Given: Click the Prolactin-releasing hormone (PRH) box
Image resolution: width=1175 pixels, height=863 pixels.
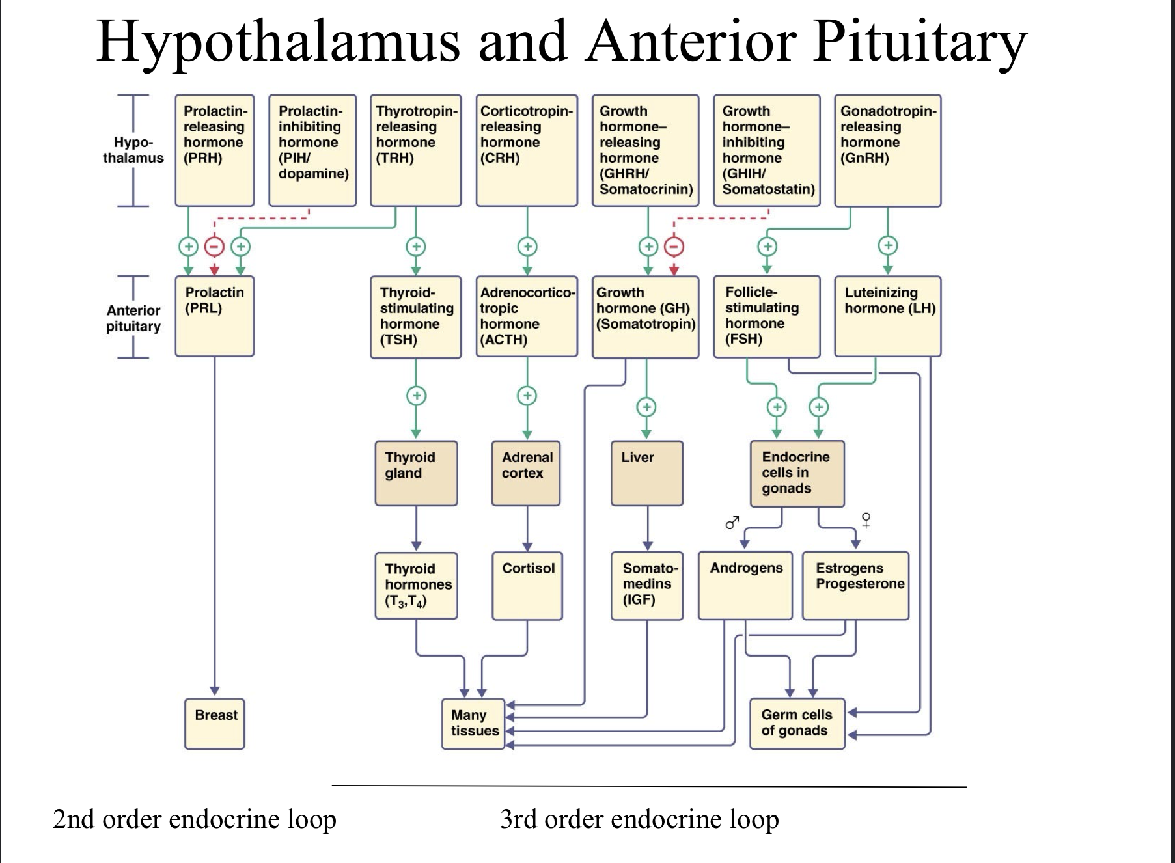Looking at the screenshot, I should point(214,150).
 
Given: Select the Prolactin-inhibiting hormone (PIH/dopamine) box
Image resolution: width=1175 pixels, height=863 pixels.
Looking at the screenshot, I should point(312,150).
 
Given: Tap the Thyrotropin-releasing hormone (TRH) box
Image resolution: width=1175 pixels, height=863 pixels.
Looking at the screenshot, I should point(415,150).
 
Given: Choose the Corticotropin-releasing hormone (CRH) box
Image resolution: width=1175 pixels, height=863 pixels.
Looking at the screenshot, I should point(527,150).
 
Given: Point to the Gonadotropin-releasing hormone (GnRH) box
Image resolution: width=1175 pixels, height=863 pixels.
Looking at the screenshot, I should point(887,150).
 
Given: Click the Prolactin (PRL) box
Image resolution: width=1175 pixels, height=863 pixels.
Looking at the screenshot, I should point(214,316).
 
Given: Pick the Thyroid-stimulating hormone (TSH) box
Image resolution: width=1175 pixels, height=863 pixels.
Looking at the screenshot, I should point(415,317).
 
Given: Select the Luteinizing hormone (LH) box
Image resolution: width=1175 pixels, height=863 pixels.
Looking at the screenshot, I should point(887,316).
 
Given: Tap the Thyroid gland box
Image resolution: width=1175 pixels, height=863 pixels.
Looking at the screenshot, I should point(416,473).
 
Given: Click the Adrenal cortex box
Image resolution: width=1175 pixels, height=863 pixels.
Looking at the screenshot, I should point(526,473).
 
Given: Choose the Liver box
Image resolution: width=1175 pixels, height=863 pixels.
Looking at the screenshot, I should point(647,473).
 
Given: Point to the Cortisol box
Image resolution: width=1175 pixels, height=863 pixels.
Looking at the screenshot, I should point(527,586).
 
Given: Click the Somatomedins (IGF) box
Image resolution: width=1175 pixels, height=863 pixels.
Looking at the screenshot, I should point(647,586).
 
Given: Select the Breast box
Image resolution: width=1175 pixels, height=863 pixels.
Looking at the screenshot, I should point(215,724).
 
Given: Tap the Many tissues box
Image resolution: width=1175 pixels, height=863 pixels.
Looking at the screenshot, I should point(473,724).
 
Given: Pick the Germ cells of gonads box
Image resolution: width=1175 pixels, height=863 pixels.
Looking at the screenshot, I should point(797,724).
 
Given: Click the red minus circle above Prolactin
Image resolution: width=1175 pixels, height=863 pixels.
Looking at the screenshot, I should point(214,247).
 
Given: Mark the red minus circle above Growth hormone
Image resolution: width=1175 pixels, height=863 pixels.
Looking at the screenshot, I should point(674,247).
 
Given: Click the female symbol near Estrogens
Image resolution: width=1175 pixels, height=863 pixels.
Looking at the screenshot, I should point(866,519).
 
